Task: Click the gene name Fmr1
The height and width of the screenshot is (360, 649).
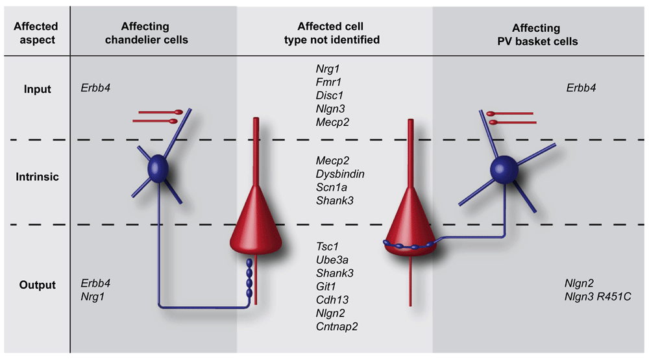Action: pos(328,82)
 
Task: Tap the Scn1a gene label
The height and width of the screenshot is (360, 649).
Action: pos(331,187)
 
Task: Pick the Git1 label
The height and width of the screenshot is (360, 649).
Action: pos(326,285)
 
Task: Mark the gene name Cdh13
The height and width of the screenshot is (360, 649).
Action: pos(331,299)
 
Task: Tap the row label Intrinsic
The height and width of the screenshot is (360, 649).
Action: pos(37,176)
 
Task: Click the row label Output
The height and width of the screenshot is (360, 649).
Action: pos(37,285)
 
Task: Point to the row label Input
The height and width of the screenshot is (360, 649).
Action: pos(37,89)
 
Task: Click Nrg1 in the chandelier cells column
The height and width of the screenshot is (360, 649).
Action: pos(93,296)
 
